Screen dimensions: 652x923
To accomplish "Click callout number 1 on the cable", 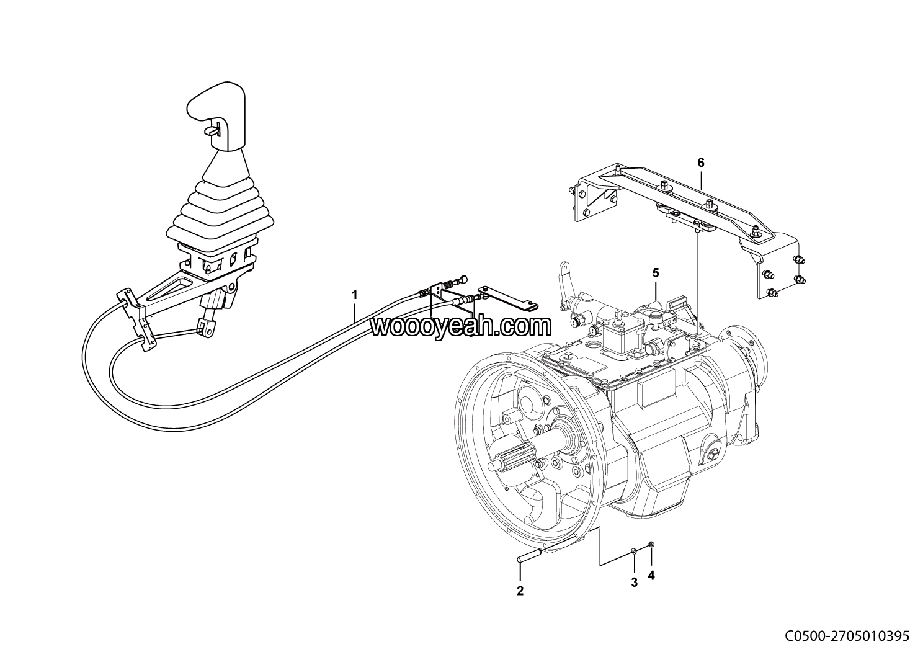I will pyautogui.click(x=355, y=295).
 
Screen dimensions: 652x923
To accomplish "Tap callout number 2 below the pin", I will pyautogui.click(x=520, y=591).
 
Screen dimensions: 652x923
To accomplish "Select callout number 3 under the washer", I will pyautogui.click(x=634, y=582).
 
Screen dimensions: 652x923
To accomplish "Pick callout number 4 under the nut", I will pyautogui.click(x=651, y=575).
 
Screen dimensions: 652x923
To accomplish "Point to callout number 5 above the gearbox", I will pyautogui.click(x=655, y=272).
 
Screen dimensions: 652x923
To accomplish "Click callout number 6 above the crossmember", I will pyautogui.click(x=701, y=163).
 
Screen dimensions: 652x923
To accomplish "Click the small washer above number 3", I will pyautogui.click(x=633, y=550).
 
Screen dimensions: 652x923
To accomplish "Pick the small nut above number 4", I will pyautogui.click(x=650, y=545).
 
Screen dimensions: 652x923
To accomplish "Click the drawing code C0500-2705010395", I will pyautogui.click(x=846, y=636).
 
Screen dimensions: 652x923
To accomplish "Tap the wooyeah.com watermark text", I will pyautogui.click(x=461, y=326).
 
